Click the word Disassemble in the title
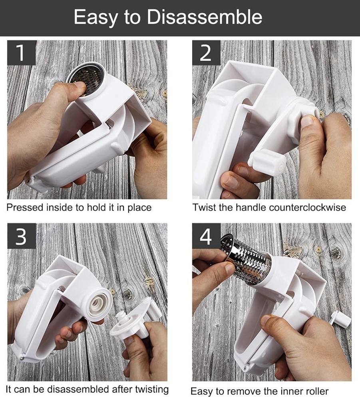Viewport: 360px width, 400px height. [x=205, y=17]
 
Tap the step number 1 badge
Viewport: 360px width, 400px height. [x=22, y=52]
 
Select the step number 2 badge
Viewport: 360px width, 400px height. [x=206, y=52]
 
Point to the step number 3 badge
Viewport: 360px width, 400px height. [x=22, y=236]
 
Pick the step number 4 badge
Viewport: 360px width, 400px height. [x=206, y=236]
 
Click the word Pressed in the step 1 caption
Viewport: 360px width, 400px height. [x=25, y=207]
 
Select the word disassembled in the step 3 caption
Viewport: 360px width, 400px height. [x=79, y=389]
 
